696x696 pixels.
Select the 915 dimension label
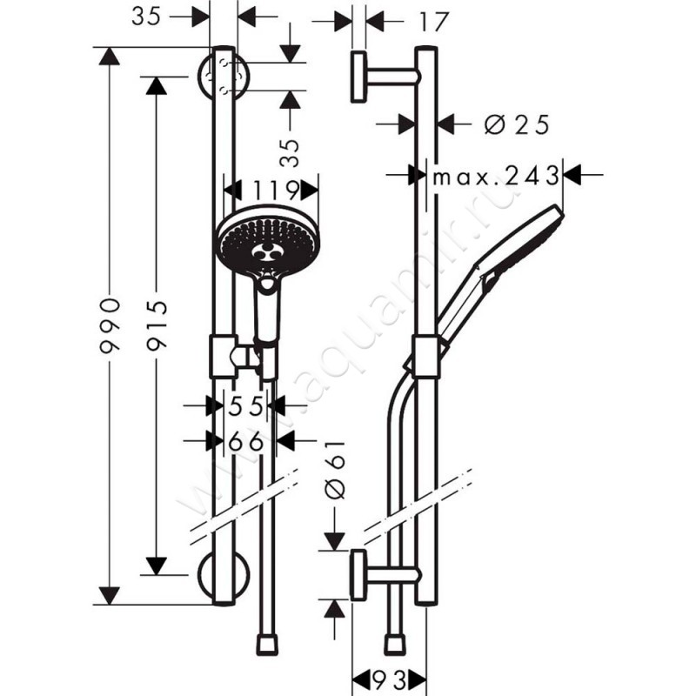coord(157,326)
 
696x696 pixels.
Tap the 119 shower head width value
coord(271,191)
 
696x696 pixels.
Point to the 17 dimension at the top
coord(425,22)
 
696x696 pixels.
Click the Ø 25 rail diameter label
coord(517,125)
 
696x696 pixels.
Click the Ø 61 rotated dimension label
coord(338,470)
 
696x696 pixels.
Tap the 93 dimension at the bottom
coord(387,677)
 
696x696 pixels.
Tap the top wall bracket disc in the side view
coord(358,77)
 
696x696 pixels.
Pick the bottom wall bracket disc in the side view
coord(358,574)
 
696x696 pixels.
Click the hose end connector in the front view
coord(269,644)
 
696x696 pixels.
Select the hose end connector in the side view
coord(396,644)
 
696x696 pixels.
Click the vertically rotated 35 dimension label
coord(290,152)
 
